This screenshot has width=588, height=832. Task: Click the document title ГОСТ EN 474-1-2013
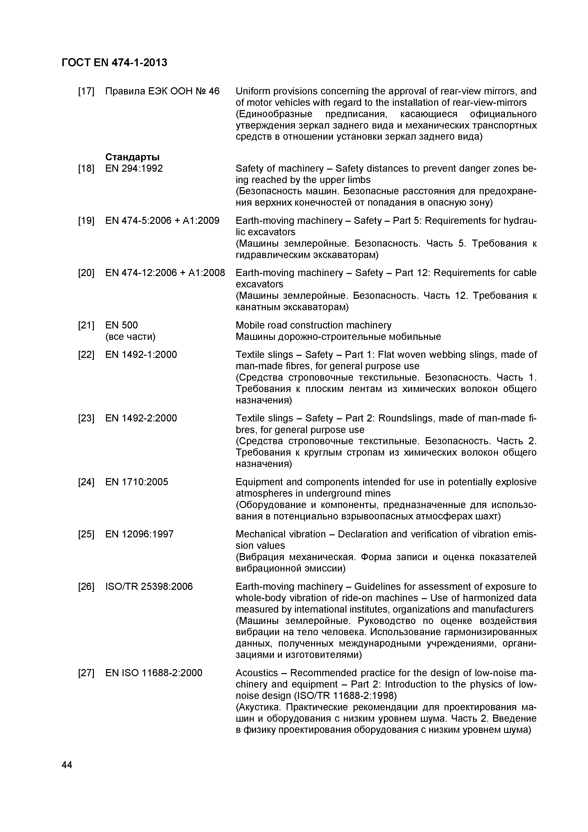point(115,63)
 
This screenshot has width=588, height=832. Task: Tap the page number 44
point(67,765)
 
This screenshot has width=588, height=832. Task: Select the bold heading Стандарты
point(132,157)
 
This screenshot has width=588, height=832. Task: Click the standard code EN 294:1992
point(134,168)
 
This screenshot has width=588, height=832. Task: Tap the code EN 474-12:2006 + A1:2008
point(165,273)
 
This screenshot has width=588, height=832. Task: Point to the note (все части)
point(130,337)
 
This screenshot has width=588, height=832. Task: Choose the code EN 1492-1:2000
point(141,354)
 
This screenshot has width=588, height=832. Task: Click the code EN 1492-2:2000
point(141,418)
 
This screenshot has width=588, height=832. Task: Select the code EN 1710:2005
point(137,482)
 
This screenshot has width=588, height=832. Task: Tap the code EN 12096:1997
point(139,534)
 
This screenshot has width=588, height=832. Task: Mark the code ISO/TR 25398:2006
point(149,586)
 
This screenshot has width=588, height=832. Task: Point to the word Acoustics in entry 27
point(257,673)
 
